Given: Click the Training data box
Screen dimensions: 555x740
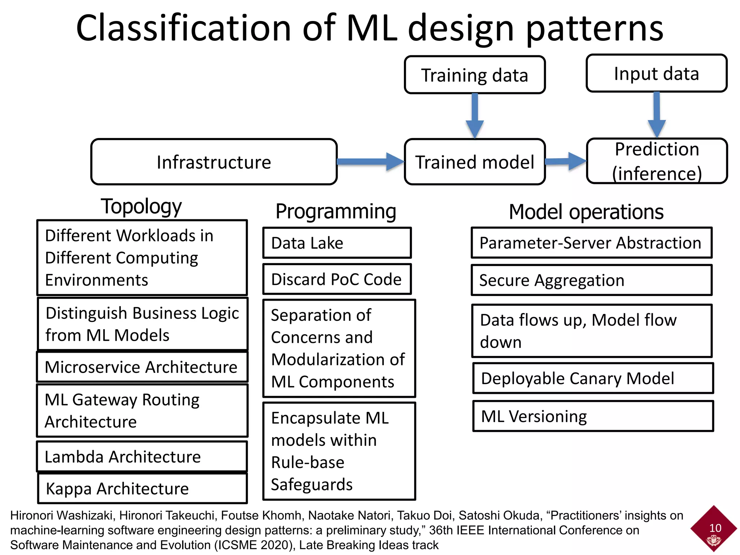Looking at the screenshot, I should pyautogui.click(x=474, y=75).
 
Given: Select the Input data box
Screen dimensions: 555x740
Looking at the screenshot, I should pyautogui.click(x=656, y=73).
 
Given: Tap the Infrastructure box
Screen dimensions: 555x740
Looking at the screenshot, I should pyautogui.click(x=214, y=162).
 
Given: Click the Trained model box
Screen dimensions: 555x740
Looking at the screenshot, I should pyautogui.click(x=474, y=162).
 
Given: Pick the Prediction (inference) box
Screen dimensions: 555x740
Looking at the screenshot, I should pyautogui.click(x=657, y=161).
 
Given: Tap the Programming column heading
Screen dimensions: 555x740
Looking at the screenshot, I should pyautogui.click(x=336, y=211).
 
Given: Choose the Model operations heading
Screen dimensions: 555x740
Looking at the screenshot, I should pyautogui.click(x=586, y=212).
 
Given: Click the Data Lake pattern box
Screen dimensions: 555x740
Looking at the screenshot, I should pyautogui.click(x=337, y=243).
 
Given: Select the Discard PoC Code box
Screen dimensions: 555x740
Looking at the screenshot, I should pyautogui.click(x=337, y=279).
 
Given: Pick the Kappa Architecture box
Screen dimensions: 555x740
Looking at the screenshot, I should pyautogui.click(x=142, y=489).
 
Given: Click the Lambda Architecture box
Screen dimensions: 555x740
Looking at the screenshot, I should pyautogui.click(x=142, y=457).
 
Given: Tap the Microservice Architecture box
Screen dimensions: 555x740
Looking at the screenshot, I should pyautogui.click(x=142, y=367).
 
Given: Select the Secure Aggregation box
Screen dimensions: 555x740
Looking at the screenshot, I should pyautogui.click(x=591, y=280).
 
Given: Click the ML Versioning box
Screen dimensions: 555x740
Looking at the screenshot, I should pyautogui.click(x=593, y=416).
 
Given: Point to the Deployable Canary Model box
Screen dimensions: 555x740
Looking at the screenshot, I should pyautogui.click(x=593, y=378).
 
